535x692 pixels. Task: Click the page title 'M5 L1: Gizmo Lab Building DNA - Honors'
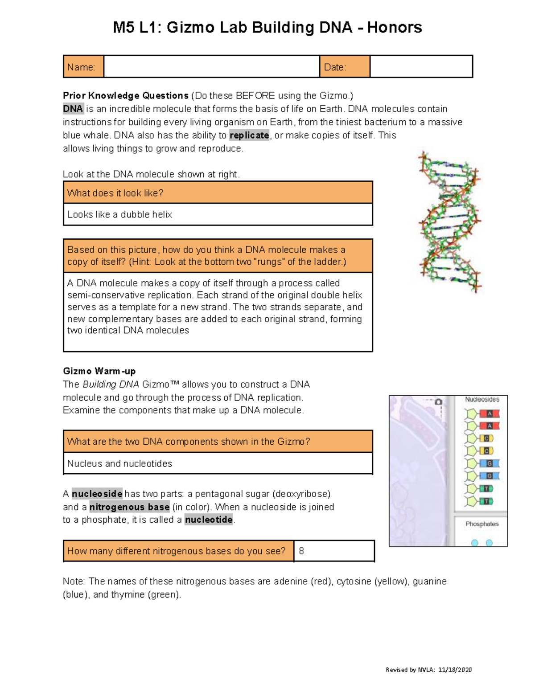click(x=267, y=28)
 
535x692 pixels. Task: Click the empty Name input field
click(x=211, y=67)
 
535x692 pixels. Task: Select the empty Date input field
click(x=421, y=67)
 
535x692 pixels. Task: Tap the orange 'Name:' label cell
click(x=83, y=67)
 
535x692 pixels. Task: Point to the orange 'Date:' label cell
click(x=344, y=67)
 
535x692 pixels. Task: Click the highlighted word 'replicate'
click(x=249, y=135)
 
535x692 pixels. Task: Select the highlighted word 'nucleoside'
click(x=97, y=494)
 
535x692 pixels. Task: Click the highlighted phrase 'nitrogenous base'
click(x=129, y=507)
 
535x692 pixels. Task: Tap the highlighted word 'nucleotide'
click(x=209, y=520)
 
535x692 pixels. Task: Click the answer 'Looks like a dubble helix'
click(x=119, y=214)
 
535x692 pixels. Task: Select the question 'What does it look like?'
click(x=115, y=193)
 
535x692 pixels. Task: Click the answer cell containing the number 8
click(x=333, y=551)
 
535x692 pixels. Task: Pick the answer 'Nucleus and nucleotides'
click(x=119, y=463)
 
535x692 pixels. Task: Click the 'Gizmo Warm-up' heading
click(x=99, y=371)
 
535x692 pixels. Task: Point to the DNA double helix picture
click(x=449, y=222)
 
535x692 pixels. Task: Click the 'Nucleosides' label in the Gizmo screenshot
click(x=482, y=400)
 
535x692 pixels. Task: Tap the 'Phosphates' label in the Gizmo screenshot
click(x=482, y=524)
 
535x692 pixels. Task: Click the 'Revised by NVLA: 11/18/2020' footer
click(x=428, y=670)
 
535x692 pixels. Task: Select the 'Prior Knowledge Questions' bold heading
click(x=126, y=96)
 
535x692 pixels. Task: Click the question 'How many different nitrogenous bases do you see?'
click(x=176, y=551)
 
